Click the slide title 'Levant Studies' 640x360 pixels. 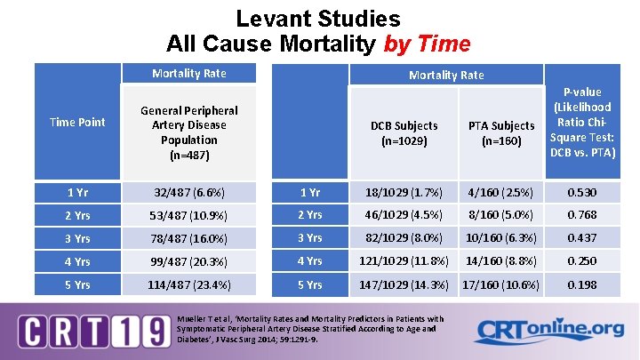pos(318,19)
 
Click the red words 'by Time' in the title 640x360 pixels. pos(428,43)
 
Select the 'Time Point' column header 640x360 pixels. pos(78,122)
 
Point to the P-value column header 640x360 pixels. pos(582,123)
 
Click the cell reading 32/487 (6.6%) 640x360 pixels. pos(188,192)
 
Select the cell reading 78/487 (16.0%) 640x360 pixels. pos(188,238)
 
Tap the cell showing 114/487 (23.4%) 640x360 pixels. pos(188,285)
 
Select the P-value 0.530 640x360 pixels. pos(582,191)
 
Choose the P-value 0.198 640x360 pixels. pos(582,284)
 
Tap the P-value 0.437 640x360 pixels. pos(582,238)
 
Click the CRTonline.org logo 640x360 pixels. pos(548,330)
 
